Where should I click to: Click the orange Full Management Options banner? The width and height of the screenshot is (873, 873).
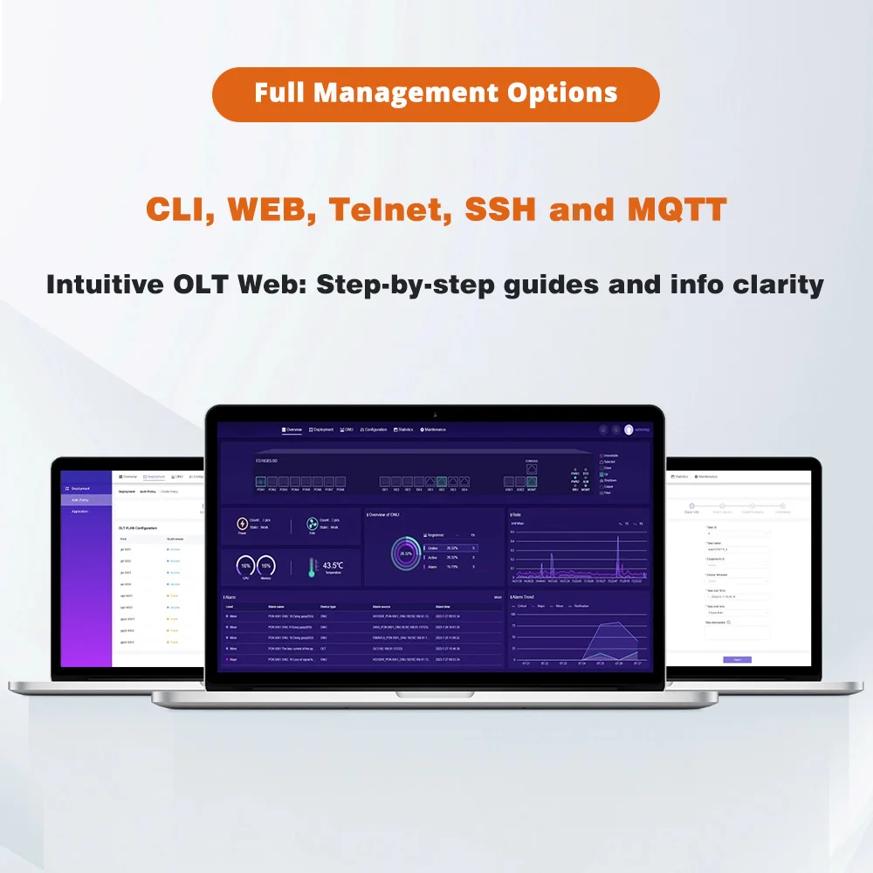pos(436,93)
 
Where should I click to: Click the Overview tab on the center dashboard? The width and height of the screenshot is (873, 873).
pos(292,430)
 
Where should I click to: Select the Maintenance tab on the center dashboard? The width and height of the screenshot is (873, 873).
pos(433,430)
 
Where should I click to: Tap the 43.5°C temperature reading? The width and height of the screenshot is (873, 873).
pos(333,566)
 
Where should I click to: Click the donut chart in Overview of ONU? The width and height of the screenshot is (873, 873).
pos(404,553)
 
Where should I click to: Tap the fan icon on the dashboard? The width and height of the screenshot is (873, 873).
pos(312,524)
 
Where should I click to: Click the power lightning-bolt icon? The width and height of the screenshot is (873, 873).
pos(242,524)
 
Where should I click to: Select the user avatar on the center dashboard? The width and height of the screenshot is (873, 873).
pos(629,430)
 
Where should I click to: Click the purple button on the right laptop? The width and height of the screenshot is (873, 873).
pos(737,660)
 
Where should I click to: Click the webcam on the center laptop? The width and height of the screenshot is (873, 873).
pos(435,411)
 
